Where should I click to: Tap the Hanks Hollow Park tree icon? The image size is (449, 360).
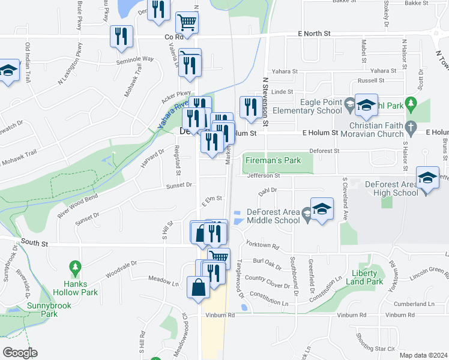75,265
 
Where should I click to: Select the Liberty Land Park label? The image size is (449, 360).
366,277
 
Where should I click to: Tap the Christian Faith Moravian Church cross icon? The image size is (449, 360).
411,127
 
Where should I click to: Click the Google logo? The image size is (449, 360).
20,352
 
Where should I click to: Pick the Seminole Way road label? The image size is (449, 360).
135,59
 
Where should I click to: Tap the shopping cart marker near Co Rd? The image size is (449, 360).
187,23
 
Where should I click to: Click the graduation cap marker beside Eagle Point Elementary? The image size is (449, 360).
365,106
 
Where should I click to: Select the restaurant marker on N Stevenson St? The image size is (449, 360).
249,107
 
